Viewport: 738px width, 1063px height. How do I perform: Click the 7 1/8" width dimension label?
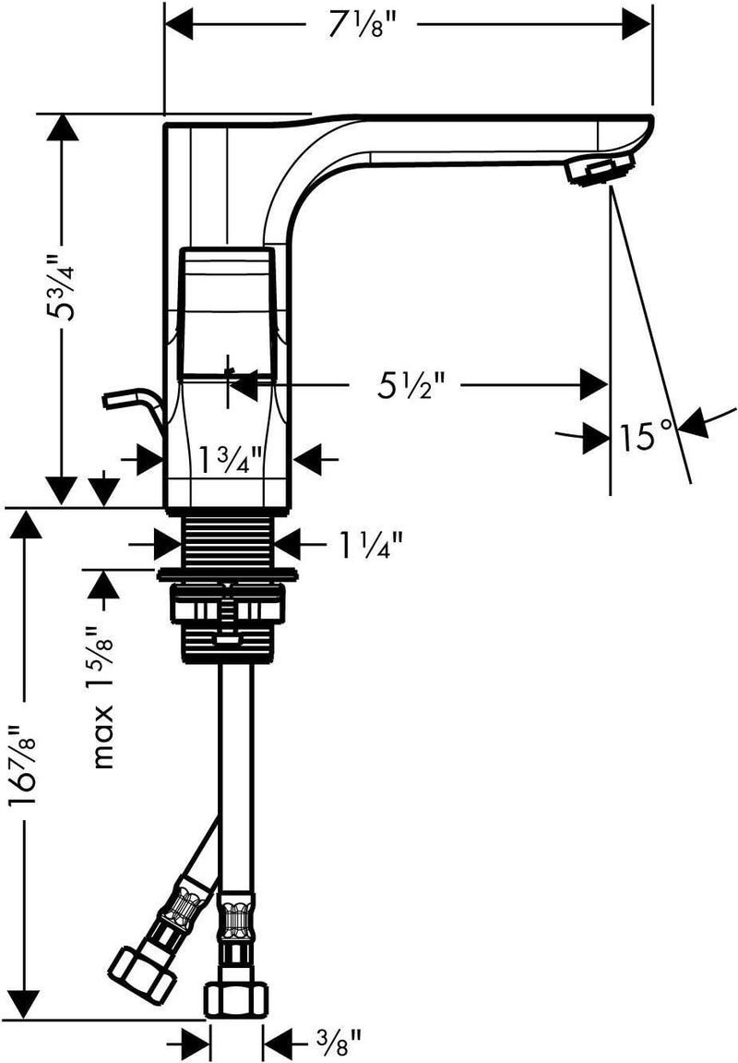coord(361,27)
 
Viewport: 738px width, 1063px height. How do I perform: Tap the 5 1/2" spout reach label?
coord(411,384)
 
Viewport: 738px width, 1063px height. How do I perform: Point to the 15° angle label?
coord(647,435)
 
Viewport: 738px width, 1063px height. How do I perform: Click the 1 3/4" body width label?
coord(231,460)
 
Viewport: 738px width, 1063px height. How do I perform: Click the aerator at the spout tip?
coord(600,168)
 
